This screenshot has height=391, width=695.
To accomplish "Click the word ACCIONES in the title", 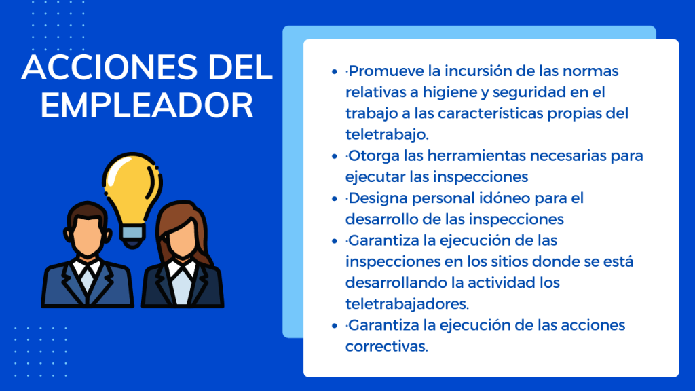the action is point(109,67).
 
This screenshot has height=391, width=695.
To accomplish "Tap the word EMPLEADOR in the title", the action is point(147,105).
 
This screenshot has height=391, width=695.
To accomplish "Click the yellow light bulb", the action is point(132,186).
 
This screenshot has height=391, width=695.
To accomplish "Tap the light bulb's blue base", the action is point(132,236).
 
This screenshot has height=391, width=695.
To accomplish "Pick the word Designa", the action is point(378,199).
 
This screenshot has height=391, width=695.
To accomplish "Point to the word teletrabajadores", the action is point(407,304).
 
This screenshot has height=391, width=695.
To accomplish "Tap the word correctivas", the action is point(386,346).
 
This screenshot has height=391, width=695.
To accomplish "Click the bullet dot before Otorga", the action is point(334,156).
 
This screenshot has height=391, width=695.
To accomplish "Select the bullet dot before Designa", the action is point(334,199).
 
